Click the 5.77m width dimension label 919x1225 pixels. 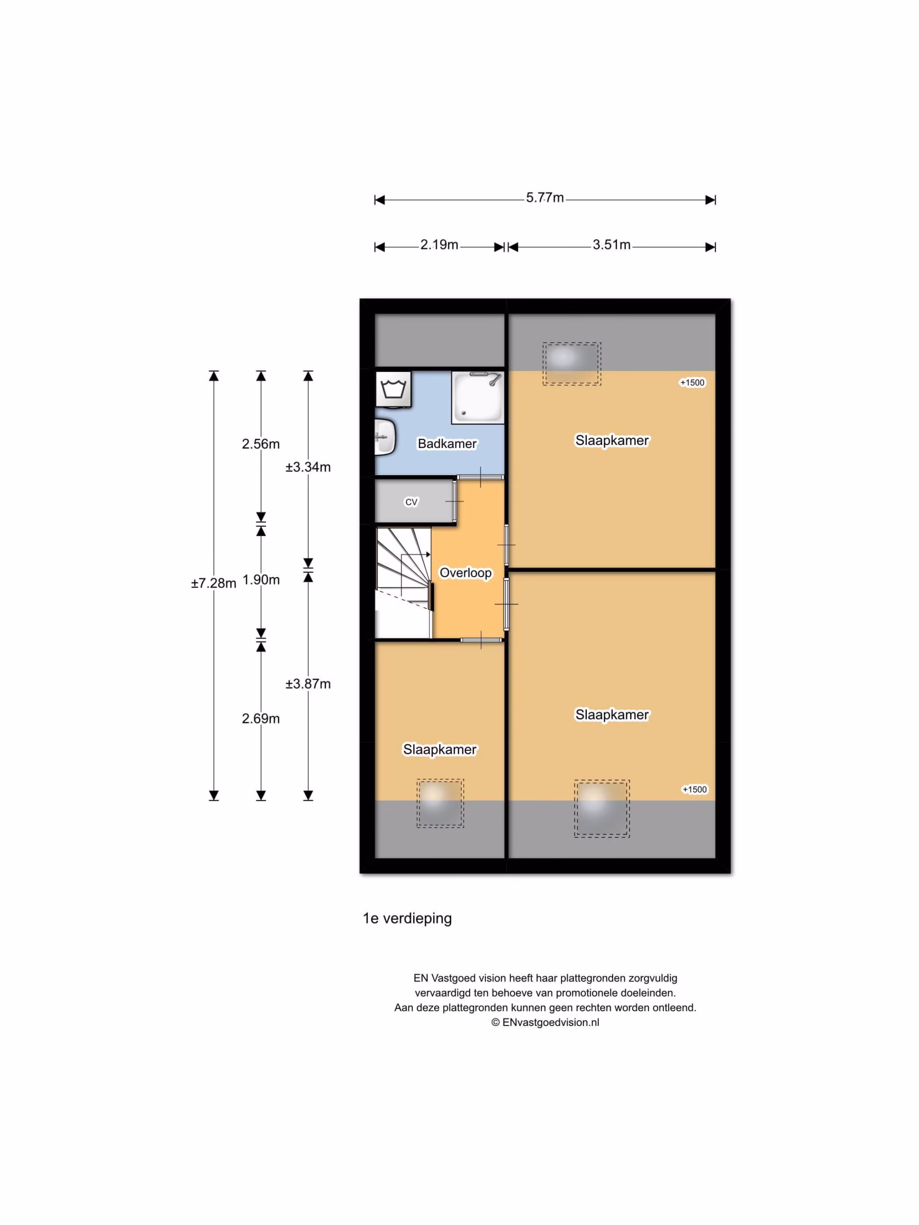tap(545, 198)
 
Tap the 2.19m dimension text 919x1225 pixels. tap(439, 245)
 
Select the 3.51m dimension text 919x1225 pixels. tap(611, 245)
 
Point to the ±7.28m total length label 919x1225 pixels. tap(214, 583)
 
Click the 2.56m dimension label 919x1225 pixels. tap(260, 444)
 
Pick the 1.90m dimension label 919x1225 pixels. tap(260, 580)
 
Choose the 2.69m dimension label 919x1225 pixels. tap(260, 718)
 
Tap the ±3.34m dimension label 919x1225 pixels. tap(308, 467)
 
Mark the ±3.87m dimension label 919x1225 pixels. tap(308, 684)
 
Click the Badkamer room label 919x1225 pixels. tap(447, 444)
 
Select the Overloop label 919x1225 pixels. tap(465, 573)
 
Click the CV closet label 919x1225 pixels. tap(411, 502)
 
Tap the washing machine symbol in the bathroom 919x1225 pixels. tap(393, 390)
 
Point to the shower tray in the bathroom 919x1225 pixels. tap(478, 398)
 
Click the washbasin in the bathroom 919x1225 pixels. tap(385, 437)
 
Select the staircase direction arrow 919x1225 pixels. tap(415, 554)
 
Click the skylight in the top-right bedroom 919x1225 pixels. tap(572, 364)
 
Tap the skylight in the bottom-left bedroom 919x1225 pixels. tap(440, 803)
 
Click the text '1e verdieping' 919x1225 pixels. tap(407, 918)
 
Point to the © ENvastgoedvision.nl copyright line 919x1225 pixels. tap(545, 1022)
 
